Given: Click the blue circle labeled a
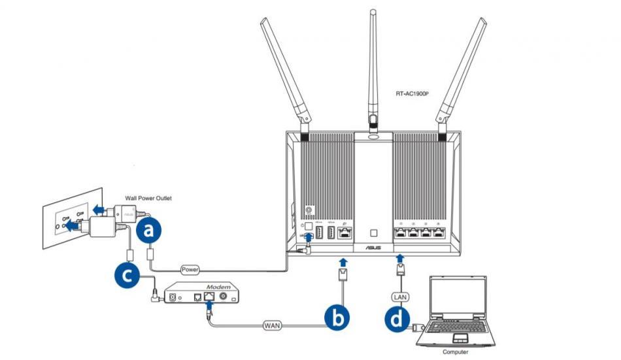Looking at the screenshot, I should pyautogui.click(x=150, y=230).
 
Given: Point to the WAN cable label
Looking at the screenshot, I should pyautogui.click(x=273, y=324).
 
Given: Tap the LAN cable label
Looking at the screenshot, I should pyautogui.click(x=400, y=296).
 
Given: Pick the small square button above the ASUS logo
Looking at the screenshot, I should pyautogui.click(x=373, y=232).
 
